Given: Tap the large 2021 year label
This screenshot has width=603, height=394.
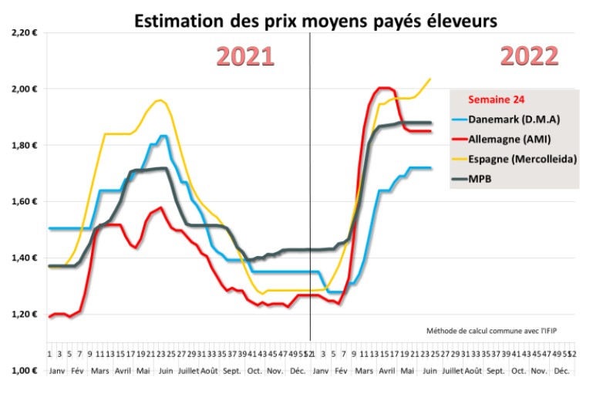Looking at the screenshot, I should click(244, 56).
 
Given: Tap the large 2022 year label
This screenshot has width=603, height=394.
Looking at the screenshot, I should click(529, 56).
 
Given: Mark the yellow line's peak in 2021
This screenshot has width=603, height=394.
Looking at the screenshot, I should click(159, 100).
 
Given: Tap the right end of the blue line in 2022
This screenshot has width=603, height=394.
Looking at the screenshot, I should click(430, 168).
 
